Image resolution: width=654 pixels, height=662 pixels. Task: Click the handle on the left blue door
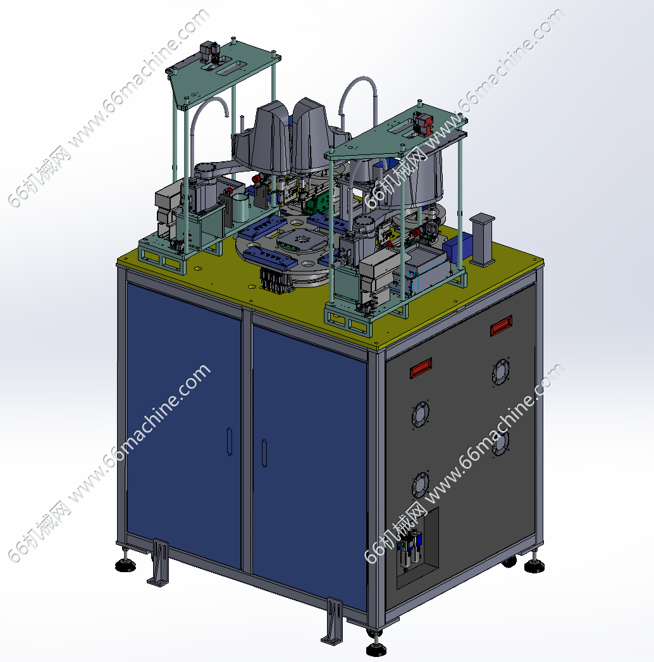point(230,442)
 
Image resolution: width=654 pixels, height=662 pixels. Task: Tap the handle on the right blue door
point(264,453)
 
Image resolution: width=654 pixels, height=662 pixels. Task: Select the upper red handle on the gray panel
point(502,325)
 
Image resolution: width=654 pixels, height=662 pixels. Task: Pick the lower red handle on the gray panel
point(421,368)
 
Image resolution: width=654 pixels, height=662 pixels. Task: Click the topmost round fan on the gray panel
point(501,372)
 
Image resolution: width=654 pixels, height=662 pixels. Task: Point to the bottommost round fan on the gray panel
point(420,485)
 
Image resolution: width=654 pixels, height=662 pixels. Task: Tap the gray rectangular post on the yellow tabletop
point(481,239)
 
